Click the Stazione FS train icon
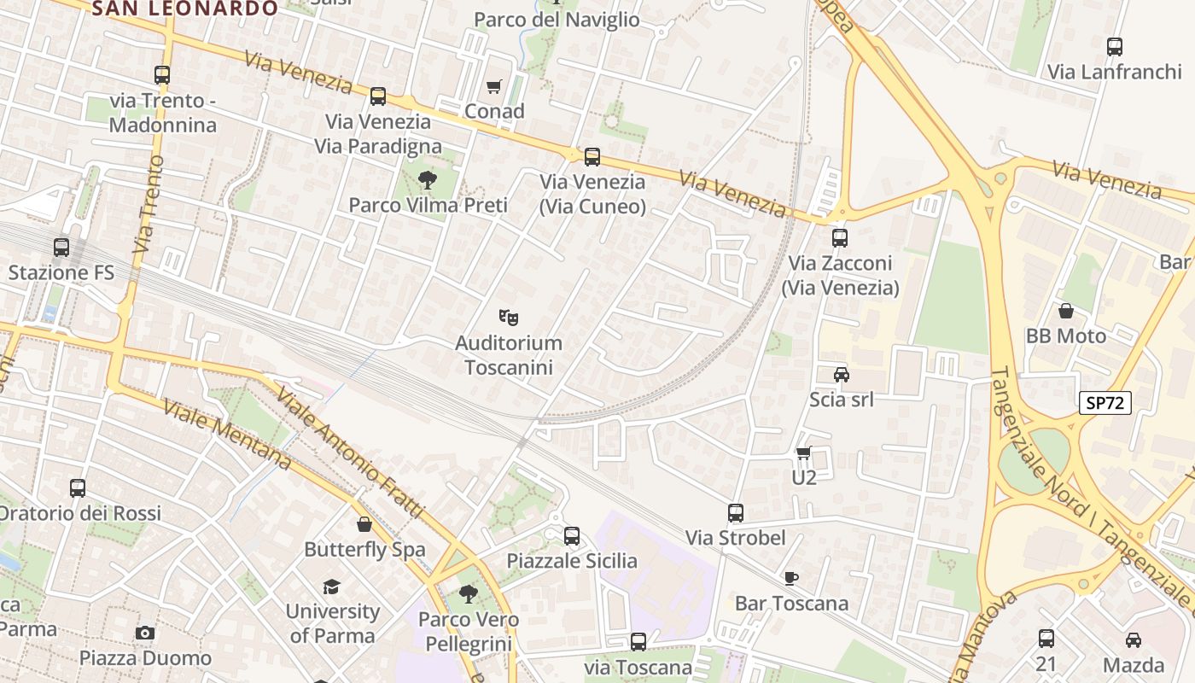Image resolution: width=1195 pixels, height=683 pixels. coord(61,248)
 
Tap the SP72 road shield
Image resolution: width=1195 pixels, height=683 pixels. coord(1105,404)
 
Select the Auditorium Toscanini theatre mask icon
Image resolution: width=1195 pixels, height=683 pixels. coord(509,318)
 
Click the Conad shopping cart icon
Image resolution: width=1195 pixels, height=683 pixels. coord(493,86)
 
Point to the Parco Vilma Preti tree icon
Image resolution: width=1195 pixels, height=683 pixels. coord(427,179)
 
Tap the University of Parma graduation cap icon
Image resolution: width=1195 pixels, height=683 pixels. coord(331,587)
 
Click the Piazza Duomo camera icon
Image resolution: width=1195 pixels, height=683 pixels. coord(145,633)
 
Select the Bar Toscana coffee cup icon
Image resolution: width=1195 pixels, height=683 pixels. coord(791,578)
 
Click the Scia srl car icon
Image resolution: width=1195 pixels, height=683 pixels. coord(841,374)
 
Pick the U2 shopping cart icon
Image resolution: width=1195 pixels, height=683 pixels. coord(803,452)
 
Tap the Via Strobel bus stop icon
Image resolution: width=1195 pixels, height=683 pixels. coord(736,513)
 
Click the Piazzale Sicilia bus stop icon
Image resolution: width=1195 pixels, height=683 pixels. coord(572,536)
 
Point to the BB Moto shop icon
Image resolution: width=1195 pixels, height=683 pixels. coord(1065,311)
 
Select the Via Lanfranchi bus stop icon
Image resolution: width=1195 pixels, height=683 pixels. coord(1114,47)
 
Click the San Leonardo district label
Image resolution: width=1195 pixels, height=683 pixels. coord(184,9)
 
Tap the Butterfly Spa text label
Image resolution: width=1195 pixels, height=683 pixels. coord(364,550)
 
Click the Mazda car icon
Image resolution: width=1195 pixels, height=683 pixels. coord(1133,639)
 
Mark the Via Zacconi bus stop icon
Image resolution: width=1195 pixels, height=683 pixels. coord(840,238)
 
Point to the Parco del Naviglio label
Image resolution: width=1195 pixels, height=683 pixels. coord(557,20)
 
